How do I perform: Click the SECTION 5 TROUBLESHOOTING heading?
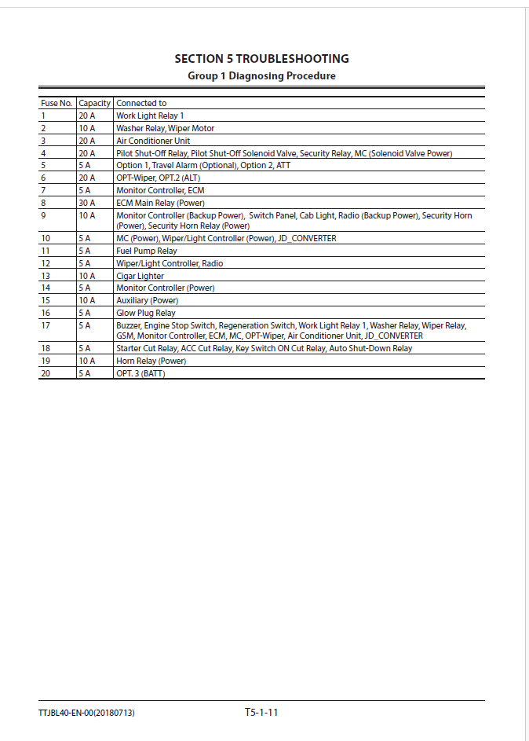tap(261, 59)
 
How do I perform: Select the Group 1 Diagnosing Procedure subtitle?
tap(261, 76)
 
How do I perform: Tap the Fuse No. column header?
tap(57, 103)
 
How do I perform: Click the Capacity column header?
tap(94, 103)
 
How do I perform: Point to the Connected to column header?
tap(141, 103)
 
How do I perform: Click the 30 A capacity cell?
tap(86, 203)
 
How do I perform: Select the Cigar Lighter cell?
tap(140, 276)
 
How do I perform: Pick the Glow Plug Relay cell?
tap(146, 313)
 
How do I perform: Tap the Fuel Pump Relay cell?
tap(147, 251)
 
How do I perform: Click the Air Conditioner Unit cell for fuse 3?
tap(153, 141)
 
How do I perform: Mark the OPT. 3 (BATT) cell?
tap(140, 373)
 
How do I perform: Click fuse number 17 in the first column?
tap(46, 325)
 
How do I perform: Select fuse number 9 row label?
tap(43, 215)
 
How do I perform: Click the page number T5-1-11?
tap(262, 713)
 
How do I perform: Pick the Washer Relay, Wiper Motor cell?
tap(165, 128)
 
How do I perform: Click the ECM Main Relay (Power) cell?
tap(160, 203)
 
